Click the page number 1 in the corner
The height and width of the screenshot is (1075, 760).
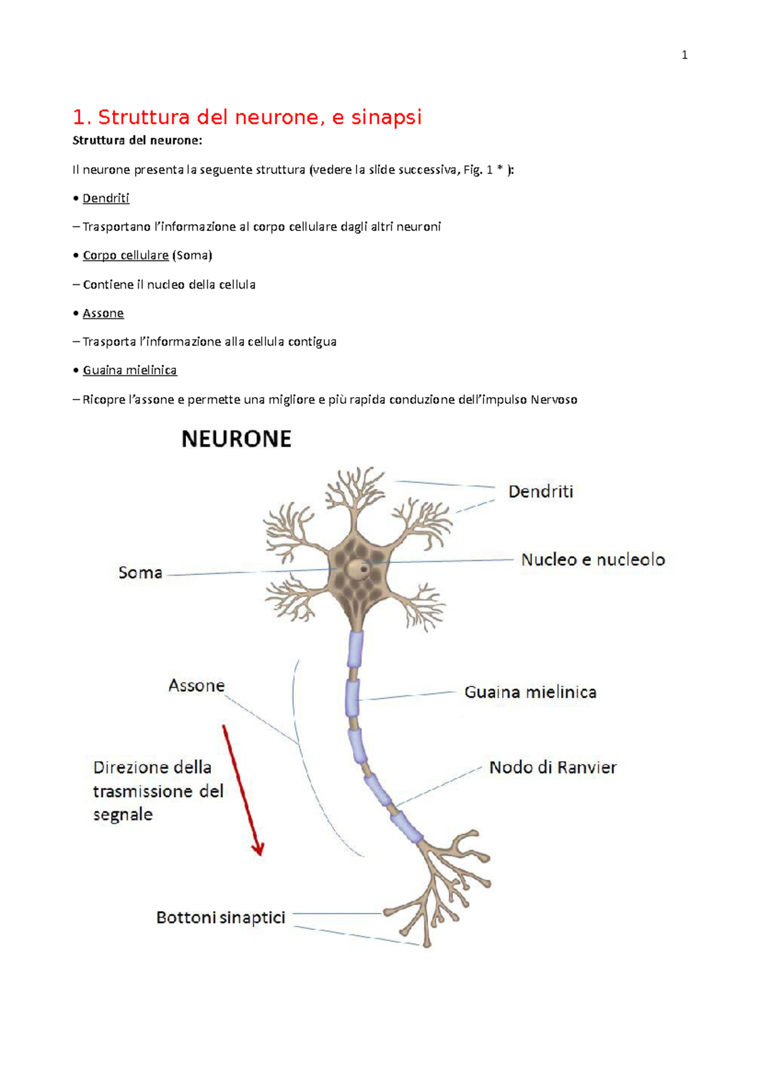[x=684, y=55]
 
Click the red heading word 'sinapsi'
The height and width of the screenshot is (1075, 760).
[x=386, y=117]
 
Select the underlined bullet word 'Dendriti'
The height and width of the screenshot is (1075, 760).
[x=106, y=198]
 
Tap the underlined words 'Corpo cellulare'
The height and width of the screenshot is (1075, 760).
[x=125, y=255]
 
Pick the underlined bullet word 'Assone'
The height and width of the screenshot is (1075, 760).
[x=103, y=313]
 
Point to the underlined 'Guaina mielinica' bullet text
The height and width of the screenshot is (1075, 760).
[x=130, y=370]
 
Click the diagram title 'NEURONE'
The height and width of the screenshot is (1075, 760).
[x=236, y=439]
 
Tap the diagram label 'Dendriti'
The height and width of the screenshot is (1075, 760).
[x=540, y=491]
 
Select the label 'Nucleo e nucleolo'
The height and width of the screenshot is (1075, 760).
[x=593, y=560]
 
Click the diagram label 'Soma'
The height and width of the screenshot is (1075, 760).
[x=141, y=573]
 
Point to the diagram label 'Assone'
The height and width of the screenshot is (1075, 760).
[x=196, y=686]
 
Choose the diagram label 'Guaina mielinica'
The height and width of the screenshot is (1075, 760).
[x=530, y=692]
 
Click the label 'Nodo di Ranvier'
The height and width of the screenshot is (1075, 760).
[x=553, y=767]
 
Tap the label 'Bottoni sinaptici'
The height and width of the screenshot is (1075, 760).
[x=220, y=917]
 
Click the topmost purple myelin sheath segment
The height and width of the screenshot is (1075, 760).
[x=356, y=648]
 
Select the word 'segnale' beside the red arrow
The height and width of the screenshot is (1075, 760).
[x=123, y=814]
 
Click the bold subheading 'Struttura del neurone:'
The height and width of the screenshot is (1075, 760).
[x=137, y=141]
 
